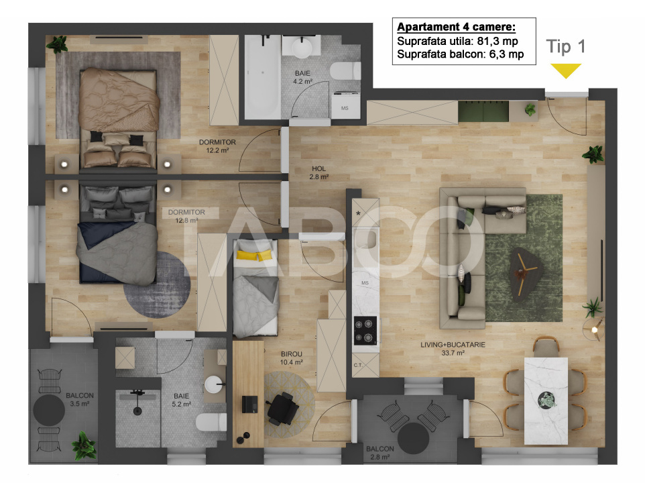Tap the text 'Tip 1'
[566, 46]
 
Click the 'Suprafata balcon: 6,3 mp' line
[460, 54]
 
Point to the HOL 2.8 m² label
[319, 173]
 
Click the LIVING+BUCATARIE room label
[453, 348]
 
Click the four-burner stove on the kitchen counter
[365, 330]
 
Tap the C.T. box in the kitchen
[365, 365]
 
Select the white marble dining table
[546, 400]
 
